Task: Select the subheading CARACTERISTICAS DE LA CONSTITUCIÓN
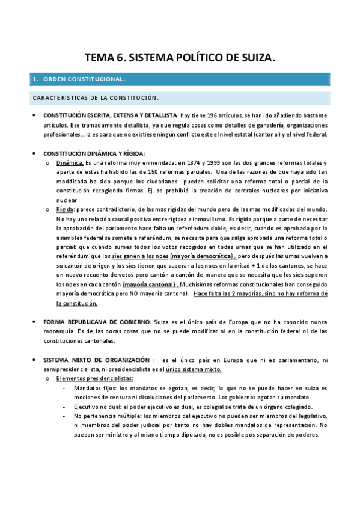(x=95, y=97)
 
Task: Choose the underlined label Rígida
(x=64, y=209)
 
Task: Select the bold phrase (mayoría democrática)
(x=203, y=256)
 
